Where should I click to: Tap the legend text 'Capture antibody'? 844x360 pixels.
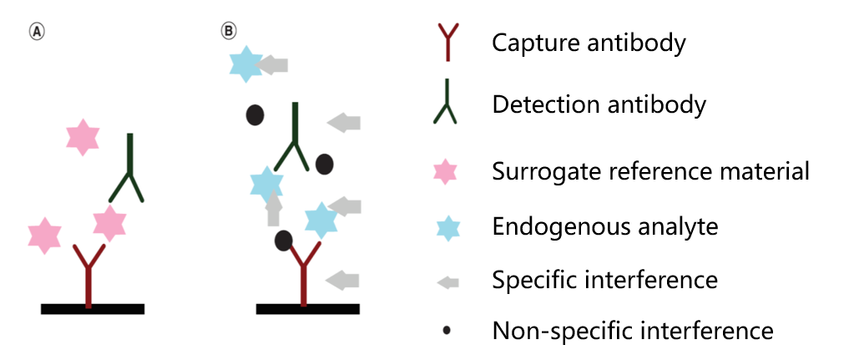(x=589, y=42)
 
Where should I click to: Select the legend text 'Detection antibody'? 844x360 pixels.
(x=599, y=105)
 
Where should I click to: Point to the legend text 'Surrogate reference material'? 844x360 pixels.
(x=651, y=172)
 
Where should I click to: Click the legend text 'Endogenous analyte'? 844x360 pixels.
(x=605, y=226)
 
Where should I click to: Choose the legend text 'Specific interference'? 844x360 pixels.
(x=605, y=279)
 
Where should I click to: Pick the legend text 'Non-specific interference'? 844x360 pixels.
(x=633, y=331)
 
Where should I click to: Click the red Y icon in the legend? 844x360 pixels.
(x=448, y=43)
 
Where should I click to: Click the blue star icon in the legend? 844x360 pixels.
(x=448, y=227)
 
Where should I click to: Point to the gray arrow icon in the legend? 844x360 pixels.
(x=447, y=281)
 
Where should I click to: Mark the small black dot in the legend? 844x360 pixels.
(x=447, y=332)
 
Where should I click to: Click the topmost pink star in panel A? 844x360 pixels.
(x=83, y=136)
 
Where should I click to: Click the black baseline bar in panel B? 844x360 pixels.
(x=307, y=308)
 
